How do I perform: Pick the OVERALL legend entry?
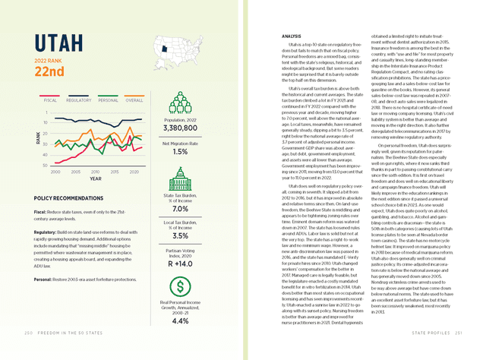pos(134,99)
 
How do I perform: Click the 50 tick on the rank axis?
pos(46,165)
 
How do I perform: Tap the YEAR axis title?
pos(96,179)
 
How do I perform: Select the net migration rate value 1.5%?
pos(180,152)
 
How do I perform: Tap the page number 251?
pos(459,353)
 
